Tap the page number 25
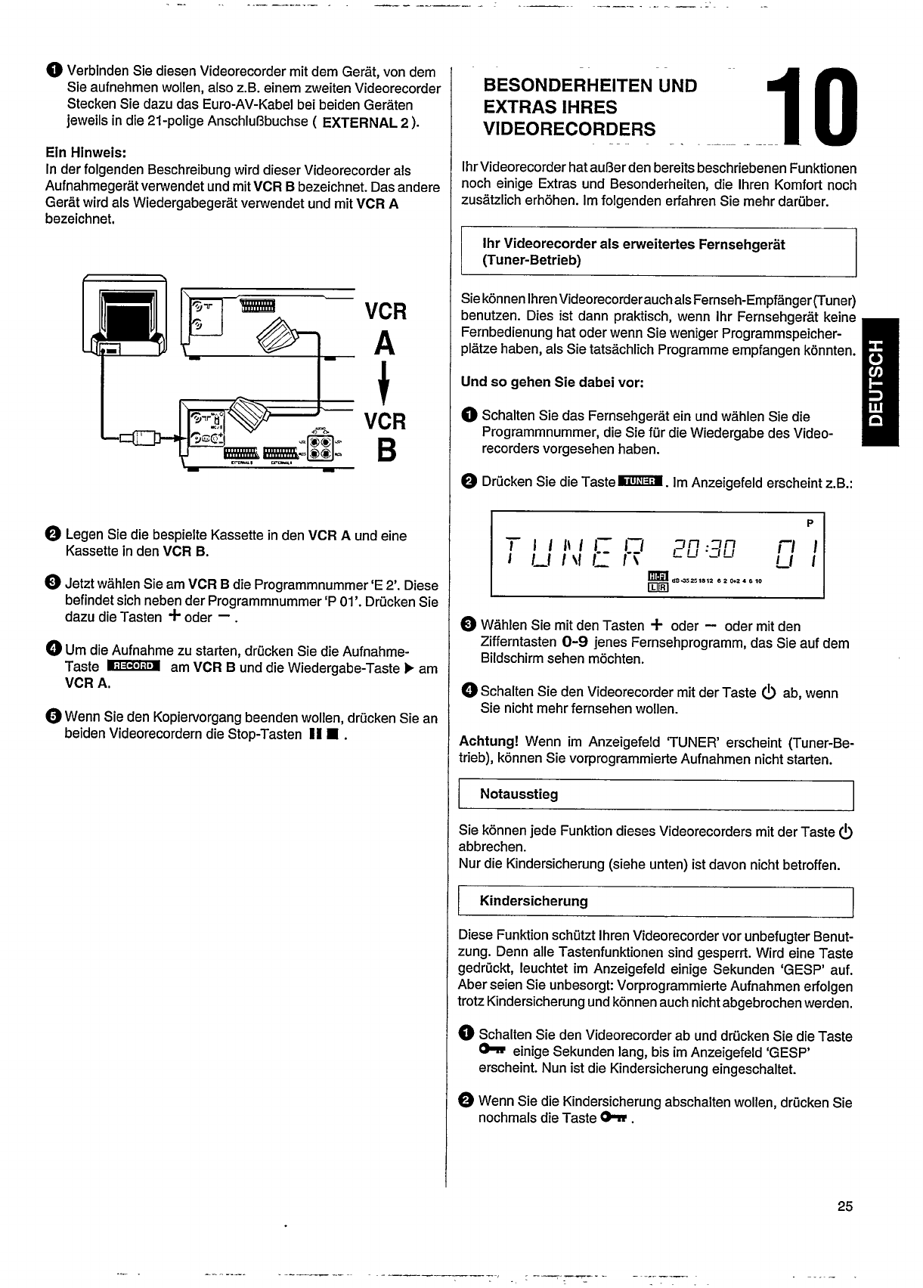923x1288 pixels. click(x=844, y=1206)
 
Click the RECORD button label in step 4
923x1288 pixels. click(x=134, y=666)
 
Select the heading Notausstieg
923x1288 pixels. click(x=519, y=794)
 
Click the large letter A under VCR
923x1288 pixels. click(x=384, y=344)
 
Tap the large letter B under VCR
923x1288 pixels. click(x=384, y=452)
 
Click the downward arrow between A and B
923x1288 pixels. click(x=385, y=385)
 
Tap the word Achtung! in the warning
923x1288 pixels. click(x=488, y=742)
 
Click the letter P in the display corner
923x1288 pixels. click(x=809, y=522)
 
